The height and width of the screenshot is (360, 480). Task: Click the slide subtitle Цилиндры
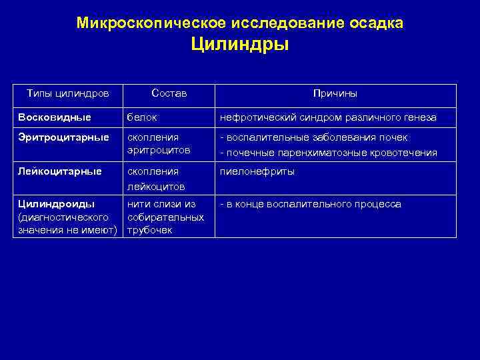coord(239,46)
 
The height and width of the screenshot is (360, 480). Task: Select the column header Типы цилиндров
coord(67,94)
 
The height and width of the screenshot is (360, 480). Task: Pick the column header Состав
coord(169,94)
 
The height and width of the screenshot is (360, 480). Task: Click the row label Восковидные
coord(55,117)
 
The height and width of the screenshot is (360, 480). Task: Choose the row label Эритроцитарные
coord(63,137)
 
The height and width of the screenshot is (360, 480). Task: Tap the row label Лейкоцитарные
coord(60,171)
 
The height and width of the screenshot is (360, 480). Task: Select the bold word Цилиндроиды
coord(57,204)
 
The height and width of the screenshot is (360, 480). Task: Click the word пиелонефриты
coord(257,171)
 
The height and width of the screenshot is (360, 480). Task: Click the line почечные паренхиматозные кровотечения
coord(329,153)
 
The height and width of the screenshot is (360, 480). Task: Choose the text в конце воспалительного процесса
coord(311,204)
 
